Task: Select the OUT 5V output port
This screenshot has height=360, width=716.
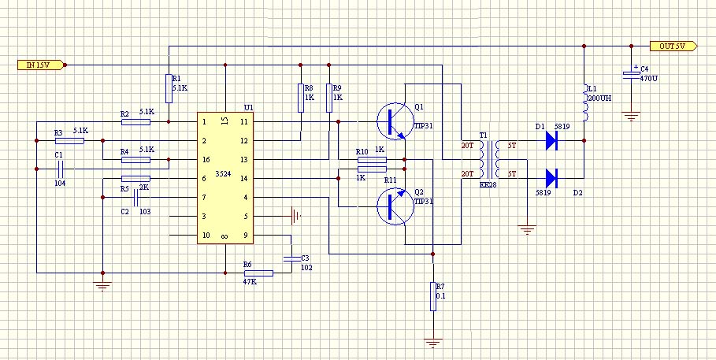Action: (x=672, y=46)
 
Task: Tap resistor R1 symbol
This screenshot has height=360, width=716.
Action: (x=169, y=88)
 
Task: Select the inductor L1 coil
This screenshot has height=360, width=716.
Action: (x=584, y=103)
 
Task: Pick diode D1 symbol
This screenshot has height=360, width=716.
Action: (x=551, y=141)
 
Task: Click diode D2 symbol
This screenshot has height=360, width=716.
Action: (x=551, y=179)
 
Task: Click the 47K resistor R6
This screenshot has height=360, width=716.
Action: (x=258, y=273)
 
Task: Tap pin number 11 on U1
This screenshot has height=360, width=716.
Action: (x=244, y=122)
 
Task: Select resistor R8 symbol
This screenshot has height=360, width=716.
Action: (x=300, y=98)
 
